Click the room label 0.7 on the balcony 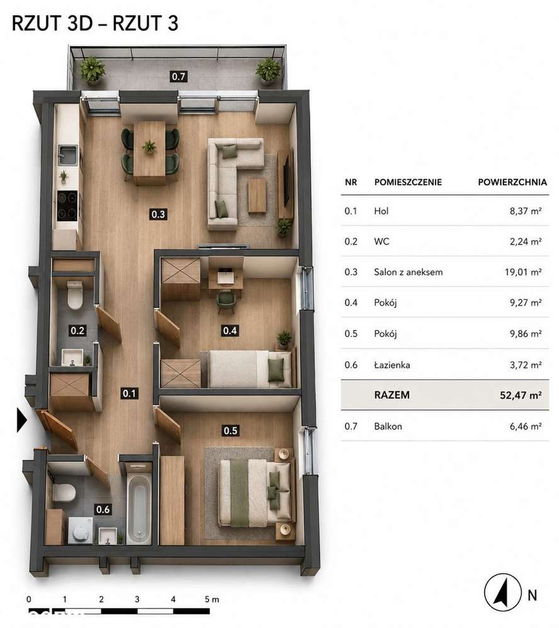tap(178, 76)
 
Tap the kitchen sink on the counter tap(68, 155)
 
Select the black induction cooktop tap(67, 206)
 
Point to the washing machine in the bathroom tap(81, 531)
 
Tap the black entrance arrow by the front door tap(21, 420)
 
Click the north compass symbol tap(502, 592)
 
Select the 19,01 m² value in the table tap(523, 272)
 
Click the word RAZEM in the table tap(392, 395)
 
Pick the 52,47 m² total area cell tap(521, 395)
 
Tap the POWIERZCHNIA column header tap(512, 182)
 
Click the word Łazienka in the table tap(392, 365)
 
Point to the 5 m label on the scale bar tap(212, 599)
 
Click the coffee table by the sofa tap(257, 196)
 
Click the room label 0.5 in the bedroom tap(230, 431)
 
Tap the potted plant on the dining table tap(149, 147)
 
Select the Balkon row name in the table tap(388, 426)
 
